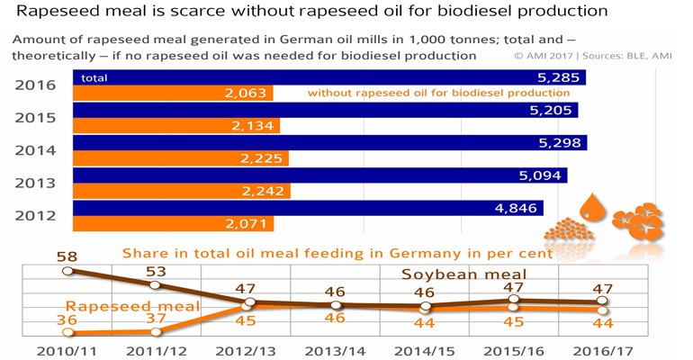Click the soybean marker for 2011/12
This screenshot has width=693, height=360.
coord(157,284)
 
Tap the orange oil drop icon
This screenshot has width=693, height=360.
coord(592,208)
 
